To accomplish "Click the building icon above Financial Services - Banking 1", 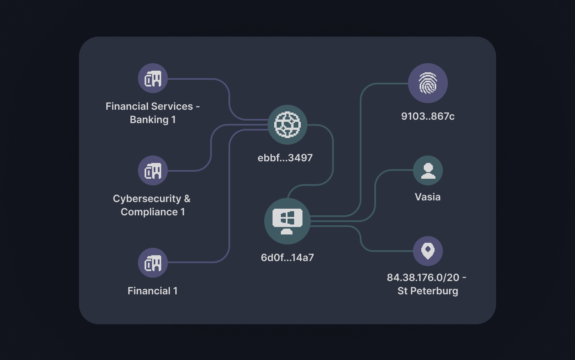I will [153, 78].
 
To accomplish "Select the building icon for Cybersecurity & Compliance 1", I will [153, 170].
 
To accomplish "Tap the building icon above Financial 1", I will [153, 263].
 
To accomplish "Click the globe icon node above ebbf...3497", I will [287, 124].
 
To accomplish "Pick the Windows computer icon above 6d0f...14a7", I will [287, 221].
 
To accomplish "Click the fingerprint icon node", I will [428, 83].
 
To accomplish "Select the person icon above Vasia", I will [428, 170].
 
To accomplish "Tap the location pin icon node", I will [428, 251].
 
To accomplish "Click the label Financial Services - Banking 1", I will [152, 113].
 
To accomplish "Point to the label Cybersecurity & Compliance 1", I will [152, 205].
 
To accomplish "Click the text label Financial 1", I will [152, 291].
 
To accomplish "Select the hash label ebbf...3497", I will [285, 158].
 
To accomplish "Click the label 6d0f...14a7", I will [287, 257].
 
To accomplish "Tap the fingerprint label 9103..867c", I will [428, 116].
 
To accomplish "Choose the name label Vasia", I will [428, 197].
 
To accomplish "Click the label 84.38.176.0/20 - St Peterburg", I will [427, 284].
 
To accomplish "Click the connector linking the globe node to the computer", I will [333, 158].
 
